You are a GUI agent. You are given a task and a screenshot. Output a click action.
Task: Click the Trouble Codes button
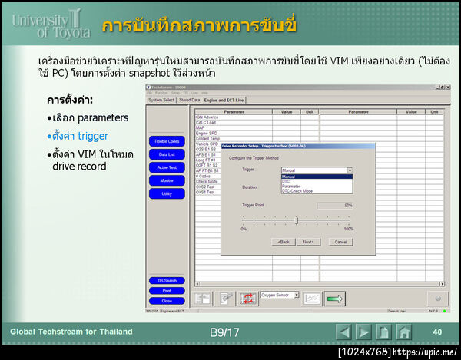tap(167, 141)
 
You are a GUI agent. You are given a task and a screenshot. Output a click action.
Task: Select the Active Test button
tap(167, 167)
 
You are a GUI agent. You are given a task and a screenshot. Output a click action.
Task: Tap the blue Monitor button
tap(167, 180)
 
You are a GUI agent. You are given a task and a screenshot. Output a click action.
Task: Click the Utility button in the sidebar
tap(167, 193)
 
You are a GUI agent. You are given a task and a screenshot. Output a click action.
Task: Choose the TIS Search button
tap(167, 281)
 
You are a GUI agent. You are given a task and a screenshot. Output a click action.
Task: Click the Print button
tap(167, 291)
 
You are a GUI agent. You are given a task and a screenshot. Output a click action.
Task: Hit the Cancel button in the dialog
tap(340, 242)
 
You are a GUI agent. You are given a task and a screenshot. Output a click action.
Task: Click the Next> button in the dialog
tap(307, 242)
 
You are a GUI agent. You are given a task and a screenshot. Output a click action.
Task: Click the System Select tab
tap(161, 100)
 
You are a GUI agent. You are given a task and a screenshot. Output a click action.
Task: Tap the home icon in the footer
tap(404, 332)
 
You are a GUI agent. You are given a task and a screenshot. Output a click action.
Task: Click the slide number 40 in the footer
tap(437, 332)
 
